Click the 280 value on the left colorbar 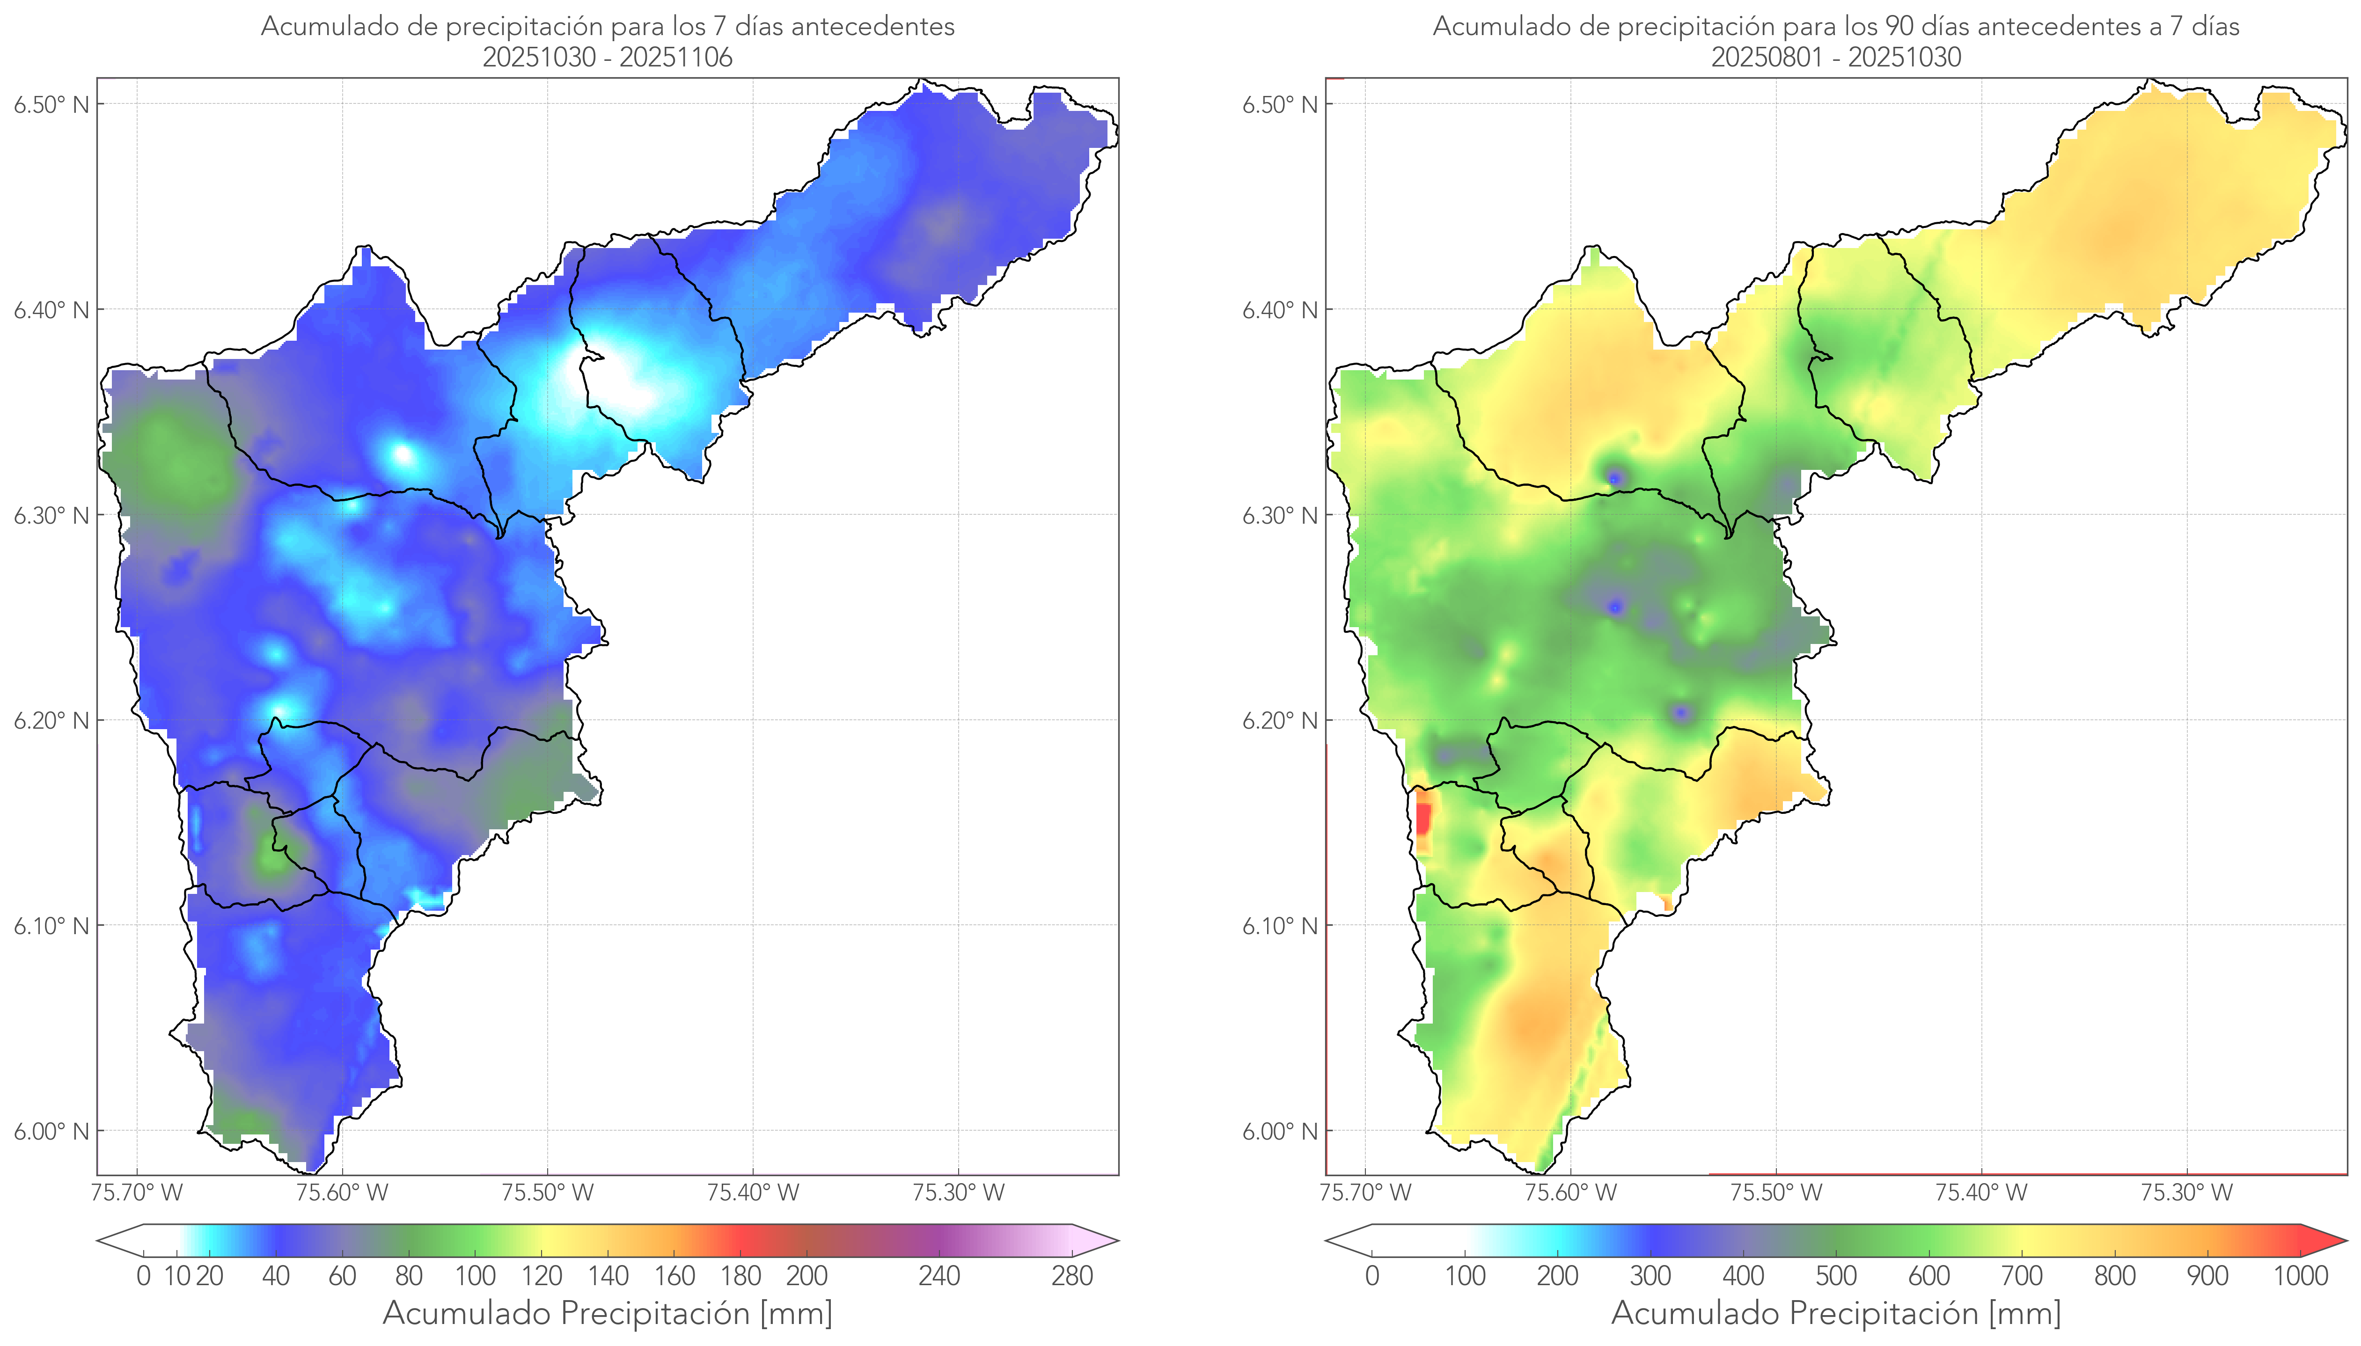1072,1277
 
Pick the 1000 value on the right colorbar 2300,1277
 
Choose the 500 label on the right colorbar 1836,1277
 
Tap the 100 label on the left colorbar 475,1277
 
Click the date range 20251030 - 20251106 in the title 608,57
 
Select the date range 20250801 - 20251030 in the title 1836,57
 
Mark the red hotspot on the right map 1422,818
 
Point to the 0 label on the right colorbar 1372,1277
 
